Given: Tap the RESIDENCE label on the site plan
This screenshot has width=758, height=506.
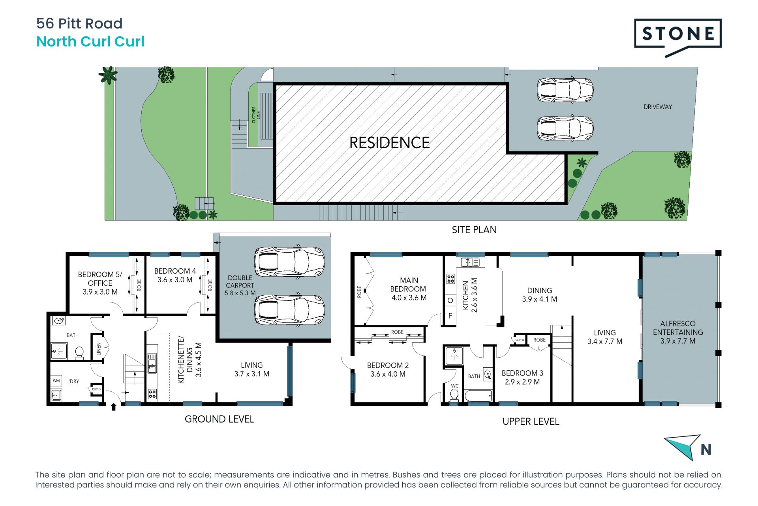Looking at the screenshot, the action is tap(390, 143).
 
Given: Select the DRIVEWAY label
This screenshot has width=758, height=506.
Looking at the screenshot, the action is tap(658, 107).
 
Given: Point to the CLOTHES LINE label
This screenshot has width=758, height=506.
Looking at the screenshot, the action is tap(256, 115).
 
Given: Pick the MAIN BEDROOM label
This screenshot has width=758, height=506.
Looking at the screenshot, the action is tap(409, 285).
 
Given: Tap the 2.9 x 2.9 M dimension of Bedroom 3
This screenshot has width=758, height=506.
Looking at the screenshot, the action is tap(522, 382).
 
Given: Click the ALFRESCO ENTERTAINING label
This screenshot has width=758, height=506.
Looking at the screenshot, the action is tap(678, 328).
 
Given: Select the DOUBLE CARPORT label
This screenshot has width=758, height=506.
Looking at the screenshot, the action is tap(240, 281).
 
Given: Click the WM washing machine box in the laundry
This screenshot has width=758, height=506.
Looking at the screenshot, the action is tap(56, 381).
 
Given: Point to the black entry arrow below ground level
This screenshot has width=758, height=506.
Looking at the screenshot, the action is tap(114, 407).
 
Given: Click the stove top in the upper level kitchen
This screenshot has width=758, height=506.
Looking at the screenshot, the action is tap(450, 279).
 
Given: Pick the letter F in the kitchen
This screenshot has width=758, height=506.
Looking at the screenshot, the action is tap(450, 316).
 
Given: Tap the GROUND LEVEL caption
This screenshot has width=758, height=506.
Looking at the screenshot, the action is tap(220, 419).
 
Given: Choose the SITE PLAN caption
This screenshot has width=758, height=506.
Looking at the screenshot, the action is tap(474, 230).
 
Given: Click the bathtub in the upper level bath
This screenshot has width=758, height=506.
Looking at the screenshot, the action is tap(479, 395).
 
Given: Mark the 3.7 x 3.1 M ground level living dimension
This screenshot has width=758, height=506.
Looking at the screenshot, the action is tap(252, 374).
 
